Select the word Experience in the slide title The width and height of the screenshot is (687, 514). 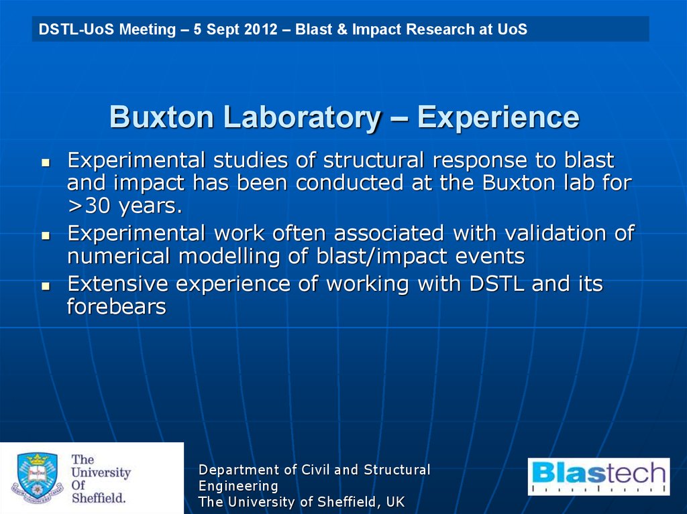pyautogui.click(x=498, y=118)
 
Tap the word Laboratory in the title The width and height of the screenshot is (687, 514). pyautogui.click(x=302, y=118)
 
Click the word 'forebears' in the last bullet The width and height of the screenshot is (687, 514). pyautogui.click(x=116, y=307)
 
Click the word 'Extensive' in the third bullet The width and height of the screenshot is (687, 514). pyautogui.click(x=117, y=284)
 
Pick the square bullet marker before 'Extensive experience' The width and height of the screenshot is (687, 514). pyautogui.click(x=46, y=285)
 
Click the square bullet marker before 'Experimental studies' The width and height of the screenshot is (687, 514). pyautogui.click(x=46, y=162)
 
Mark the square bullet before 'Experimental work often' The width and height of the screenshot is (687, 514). pyautogui.click(x=46, y=235)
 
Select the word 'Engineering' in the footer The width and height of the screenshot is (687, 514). pyautogui.click(x=238, y=486)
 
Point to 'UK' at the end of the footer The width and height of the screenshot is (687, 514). pyautogui.click(x=394, y=502)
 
